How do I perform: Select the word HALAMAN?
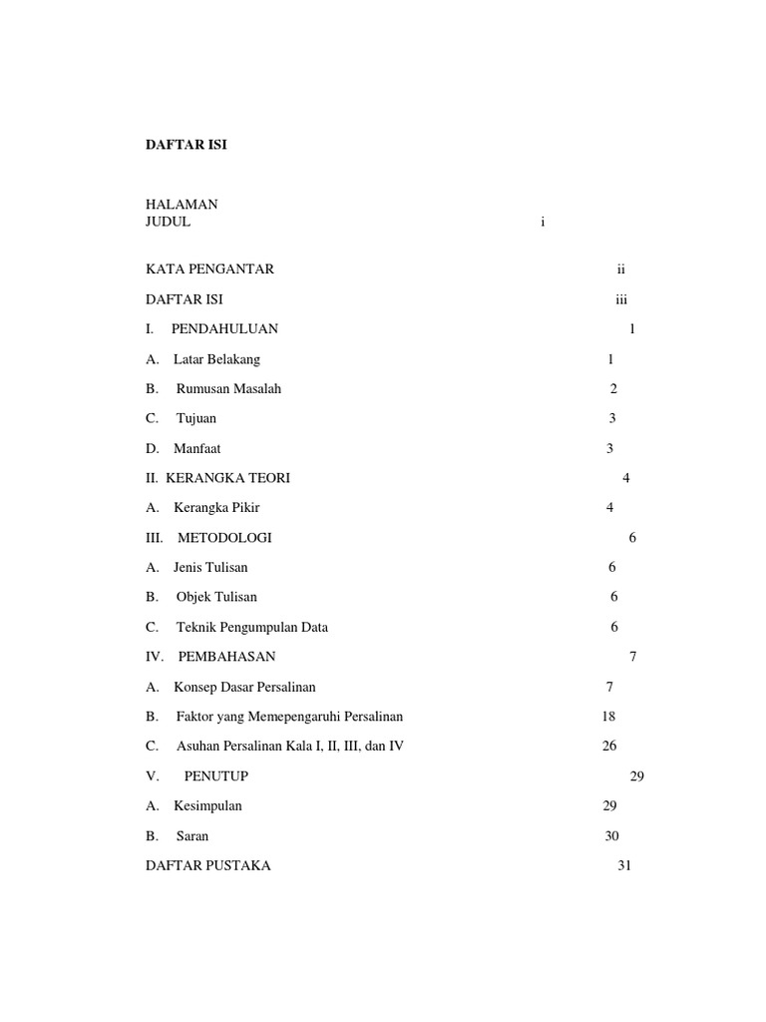click(182, 205)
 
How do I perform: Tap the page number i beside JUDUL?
click(543, 223)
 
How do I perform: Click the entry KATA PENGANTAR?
click(209, 268)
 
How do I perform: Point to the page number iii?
click(621, 298)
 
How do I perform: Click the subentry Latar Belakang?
click(216, 359)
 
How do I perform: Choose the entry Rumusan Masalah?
click(228, 388)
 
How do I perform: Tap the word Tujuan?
click(196, 418)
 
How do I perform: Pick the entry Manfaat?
click(197, 448)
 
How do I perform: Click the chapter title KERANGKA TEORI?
click(227, 478)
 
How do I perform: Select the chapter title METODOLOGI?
click(224, 538)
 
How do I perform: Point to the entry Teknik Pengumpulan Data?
click(252, 628)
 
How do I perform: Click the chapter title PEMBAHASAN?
click(226, 657)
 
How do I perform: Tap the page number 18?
click(609, 717)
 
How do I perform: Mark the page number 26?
click(609, 747)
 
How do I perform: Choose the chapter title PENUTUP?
click(216, 776)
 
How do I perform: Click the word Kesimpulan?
click(207, 806)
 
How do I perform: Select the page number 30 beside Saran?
click(612, 836)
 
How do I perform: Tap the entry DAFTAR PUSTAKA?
click(207, 866)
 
